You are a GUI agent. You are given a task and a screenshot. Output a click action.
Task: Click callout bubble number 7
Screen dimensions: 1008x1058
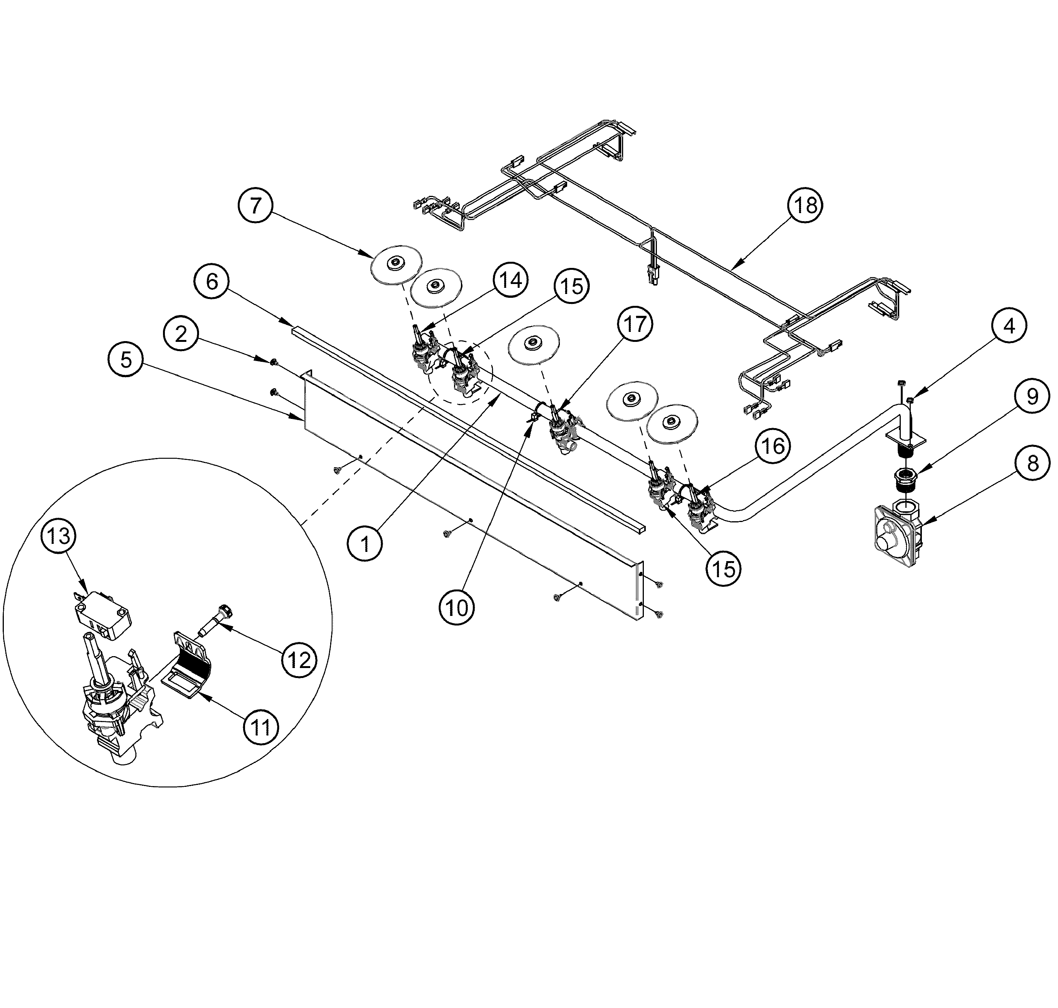point(256,205)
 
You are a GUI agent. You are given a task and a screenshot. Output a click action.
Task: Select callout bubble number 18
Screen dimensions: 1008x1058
point(805,205)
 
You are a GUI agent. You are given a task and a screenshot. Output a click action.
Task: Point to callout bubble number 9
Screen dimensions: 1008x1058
point(1032,397)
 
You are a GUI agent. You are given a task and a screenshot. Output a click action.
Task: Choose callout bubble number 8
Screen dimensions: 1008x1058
point(1033,463)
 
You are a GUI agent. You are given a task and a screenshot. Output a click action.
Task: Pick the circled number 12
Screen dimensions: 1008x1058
point(299,660)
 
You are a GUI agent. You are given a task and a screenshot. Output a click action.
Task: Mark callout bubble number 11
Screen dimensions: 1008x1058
point(261,727)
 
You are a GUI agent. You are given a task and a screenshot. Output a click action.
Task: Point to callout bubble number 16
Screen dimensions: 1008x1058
point(773,445)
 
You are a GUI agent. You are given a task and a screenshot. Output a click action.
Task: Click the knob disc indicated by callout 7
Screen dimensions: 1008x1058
point(396,263)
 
